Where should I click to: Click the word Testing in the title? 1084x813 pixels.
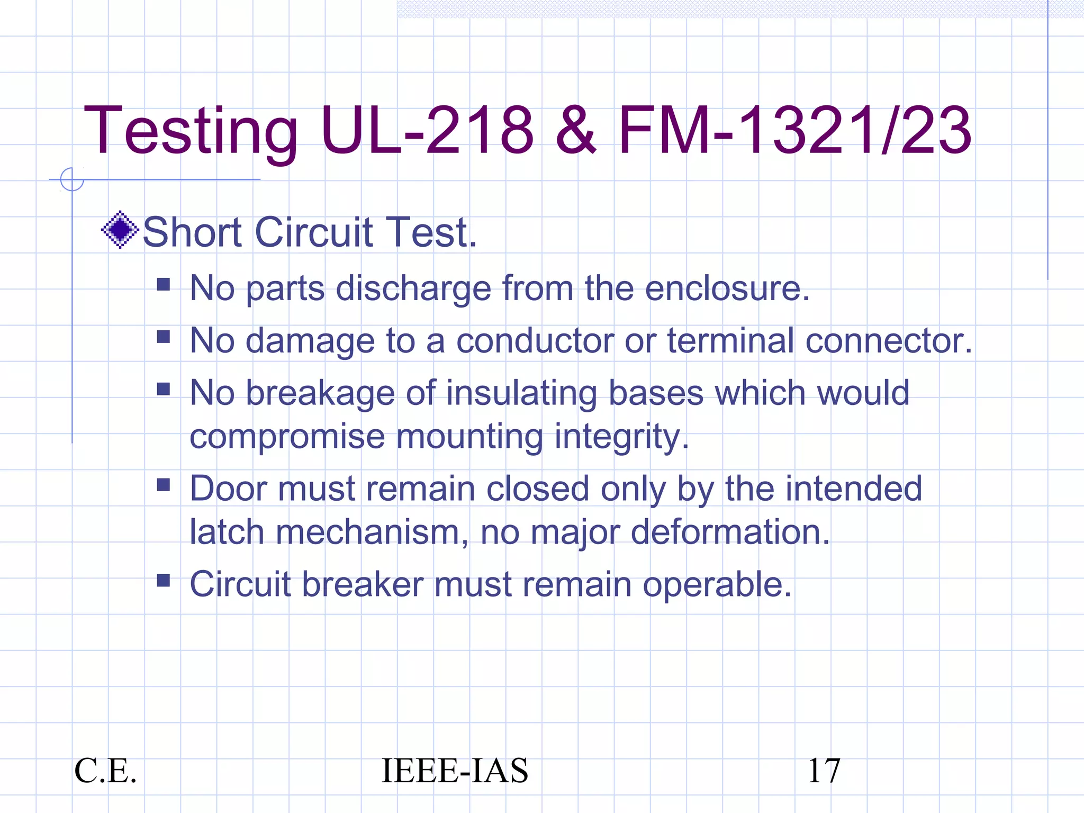tap(191, 131)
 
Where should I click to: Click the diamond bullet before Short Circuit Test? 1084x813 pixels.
tap(120, 230)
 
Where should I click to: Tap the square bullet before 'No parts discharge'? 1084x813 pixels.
tap(164, 285)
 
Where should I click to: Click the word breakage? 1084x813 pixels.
tap(320, 394)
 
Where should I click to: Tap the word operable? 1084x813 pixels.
tap(717, 584)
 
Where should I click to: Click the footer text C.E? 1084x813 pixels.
tap(105, 771)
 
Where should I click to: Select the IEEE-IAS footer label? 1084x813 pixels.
tap(454, 771)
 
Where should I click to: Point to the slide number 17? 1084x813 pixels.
tap(824, 771)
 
